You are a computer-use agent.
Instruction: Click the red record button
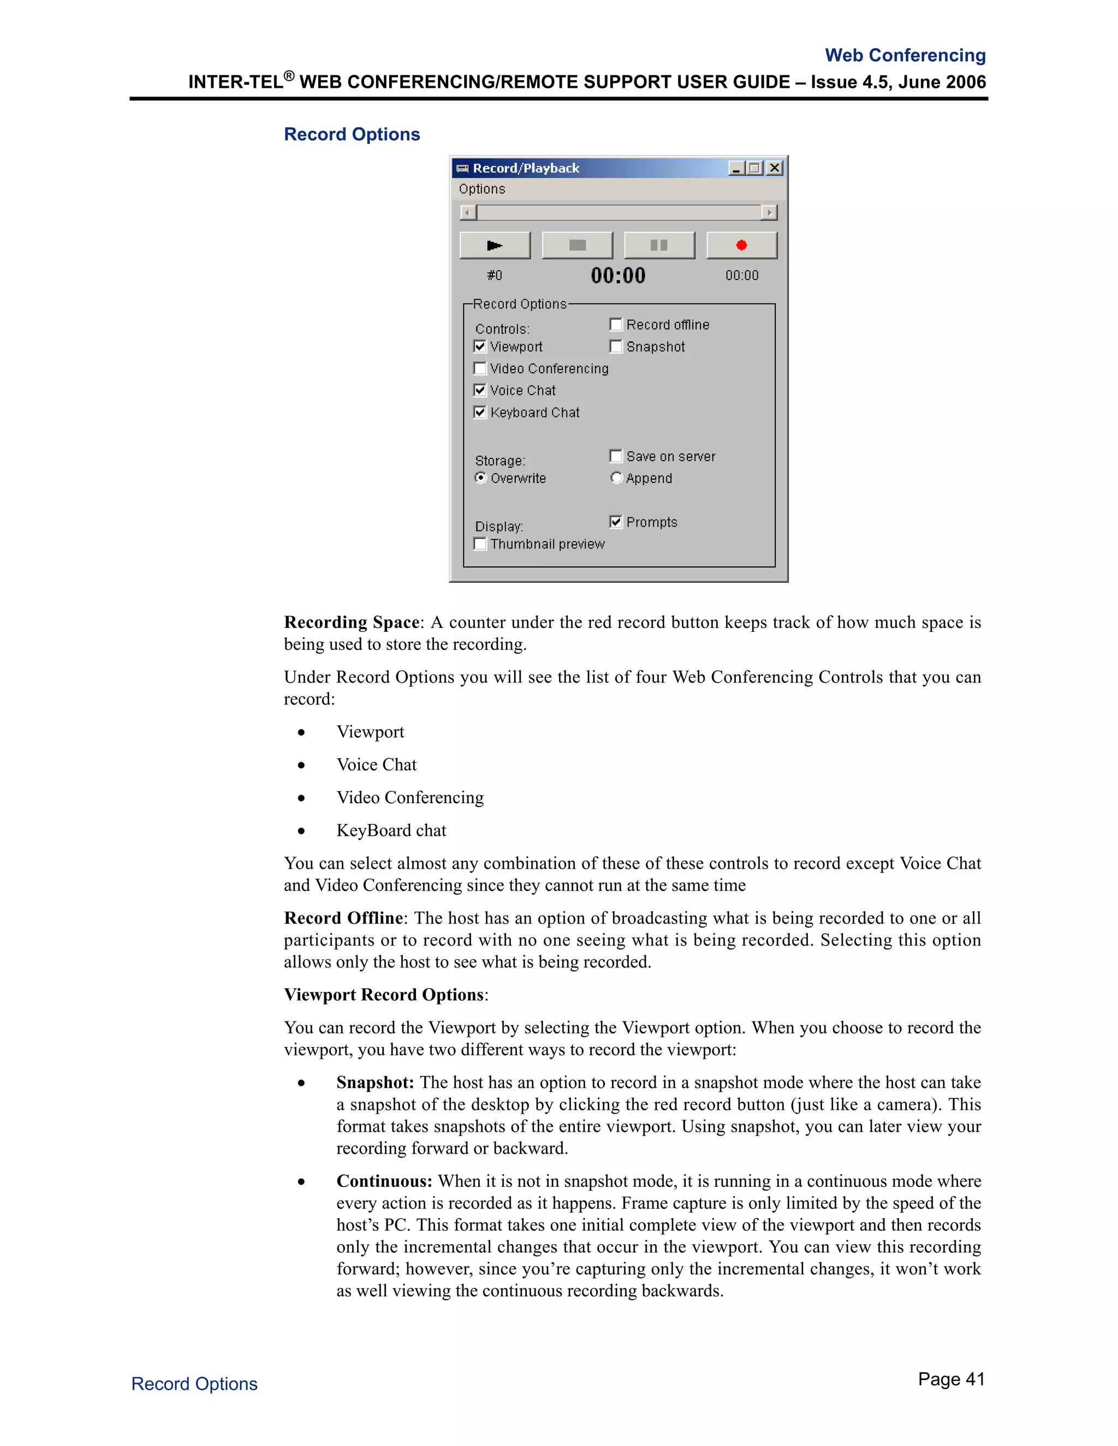(x=741, y=245)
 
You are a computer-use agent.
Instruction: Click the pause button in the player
(x=659, y=245)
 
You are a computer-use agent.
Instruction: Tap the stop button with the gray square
(x=577, y=245)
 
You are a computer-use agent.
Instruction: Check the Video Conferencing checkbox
(x=480, y=368)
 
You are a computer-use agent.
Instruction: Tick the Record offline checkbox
(x=616, y=325)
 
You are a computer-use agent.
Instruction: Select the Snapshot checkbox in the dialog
(x=616, y=346)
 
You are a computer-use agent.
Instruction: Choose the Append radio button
(x=616, y=477)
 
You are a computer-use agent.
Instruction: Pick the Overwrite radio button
(x=481, y=477)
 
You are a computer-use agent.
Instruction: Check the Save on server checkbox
(x=616, y=456)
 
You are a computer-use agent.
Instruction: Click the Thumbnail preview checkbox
(x=480, y=543)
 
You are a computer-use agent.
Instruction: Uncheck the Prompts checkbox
(x=616, y=522)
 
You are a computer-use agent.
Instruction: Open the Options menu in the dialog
(x=481, y=189)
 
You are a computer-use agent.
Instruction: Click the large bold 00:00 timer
(x=618, y=276)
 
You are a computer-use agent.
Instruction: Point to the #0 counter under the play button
(x=494, y=276)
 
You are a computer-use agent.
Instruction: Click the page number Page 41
(x=950, y=1379)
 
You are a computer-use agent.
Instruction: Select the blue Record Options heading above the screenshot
(x=352, y=134)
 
